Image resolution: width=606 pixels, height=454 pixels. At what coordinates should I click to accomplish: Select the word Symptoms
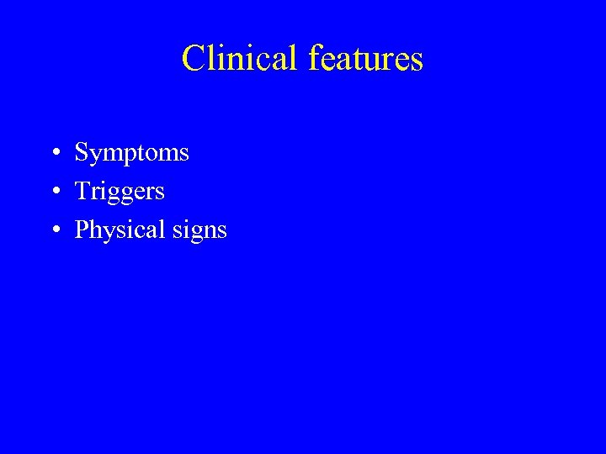coord(132,153)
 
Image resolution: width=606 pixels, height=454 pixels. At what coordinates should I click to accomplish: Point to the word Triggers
coord(120,192)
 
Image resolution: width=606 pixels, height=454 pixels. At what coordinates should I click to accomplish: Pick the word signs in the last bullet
coord(202,230)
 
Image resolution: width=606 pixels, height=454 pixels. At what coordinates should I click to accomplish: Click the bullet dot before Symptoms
coord(53,154)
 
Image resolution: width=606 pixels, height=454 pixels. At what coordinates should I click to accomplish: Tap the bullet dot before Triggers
coord(53,192)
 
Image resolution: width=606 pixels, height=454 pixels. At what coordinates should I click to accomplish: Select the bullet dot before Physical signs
coord(53,230)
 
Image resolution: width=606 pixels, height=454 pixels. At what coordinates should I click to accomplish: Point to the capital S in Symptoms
coord(82,152)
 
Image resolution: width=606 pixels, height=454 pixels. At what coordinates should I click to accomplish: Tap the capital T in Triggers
coord(83,191)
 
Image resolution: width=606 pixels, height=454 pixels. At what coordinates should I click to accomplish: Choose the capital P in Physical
coord(82,230)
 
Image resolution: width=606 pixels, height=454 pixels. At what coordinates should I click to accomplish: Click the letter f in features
coord(316,57)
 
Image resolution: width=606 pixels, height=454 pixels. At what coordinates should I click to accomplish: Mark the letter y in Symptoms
coord(94,156)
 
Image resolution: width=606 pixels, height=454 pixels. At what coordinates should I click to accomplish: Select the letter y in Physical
coord(105,233)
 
